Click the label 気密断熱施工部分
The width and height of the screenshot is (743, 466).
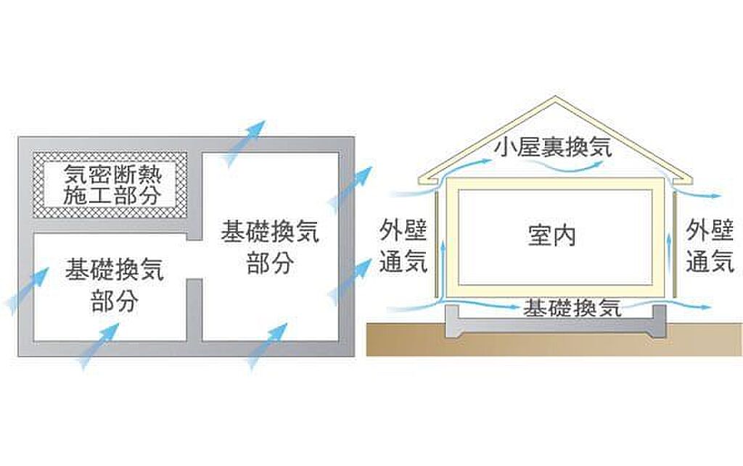click(x=112, y=185)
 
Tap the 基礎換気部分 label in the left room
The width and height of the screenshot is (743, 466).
click(x=115, y=285)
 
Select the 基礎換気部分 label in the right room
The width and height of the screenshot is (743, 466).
click(x=270, y=247)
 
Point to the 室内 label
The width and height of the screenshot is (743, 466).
click(x=551, y=235)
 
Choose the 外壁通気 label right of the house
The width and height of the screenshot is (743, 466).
click(x=710, y=246)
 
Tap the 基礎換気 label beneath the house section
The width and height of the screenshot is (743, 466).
click(x=572, y=307)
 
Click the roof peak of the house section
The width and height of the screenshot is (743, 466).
click(x=555, y=98)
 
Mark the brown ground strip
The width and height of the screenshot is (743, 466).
click(x=554, y=339)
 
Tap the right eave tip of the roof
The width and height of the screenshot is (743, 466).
click(x=691, y=181)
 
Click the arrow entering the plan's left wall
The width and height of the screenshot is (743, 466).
click(x=28, y=290)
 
